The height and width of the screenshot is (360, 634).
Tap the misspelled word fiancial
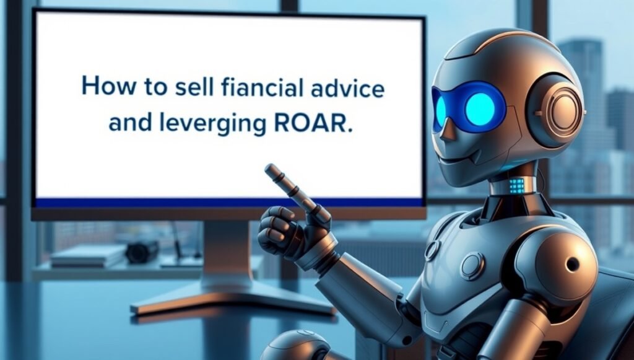[262, 87]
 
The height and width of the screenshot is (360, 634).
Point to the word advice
[347, 87]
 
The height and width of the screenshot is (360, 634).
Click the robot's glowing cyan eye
[480, 108]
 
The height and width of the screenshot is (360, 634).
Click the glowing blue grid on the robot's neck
[516, 185]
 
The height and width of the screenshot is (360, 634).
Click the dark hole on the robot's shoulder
[573, 265]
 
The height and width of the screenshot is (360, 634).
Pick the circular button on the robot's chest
[472, 266]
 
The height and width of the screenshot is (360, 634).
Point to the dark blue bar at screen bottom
[229, 203]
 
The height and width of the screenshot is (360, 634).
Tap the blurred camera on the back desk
[142, 252]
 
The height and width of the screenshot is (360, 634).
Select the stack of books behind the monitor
[87, 256]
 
